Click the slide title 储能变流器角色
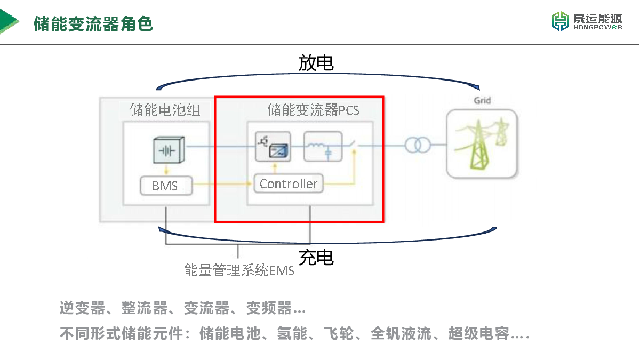93,23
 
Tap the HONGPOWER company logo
587,21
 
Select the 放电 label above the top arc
316,63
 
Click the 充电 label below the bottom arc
316,257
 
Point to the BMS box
166,186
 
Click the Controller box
289,183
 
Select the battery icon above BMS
169,150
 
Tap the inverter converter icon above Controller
273,146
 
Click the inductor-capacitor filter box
323,146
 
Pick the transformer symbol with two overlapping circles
418,145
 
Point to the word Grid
482,101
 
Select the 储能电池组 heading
165,110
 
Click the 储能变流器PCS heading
314,110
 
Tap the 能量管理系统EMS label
239,270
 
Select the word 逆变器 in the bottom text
82,308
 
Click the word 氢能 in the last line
292,333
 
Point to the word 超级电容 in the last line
479,333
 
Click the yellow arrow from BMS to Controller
222,183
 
